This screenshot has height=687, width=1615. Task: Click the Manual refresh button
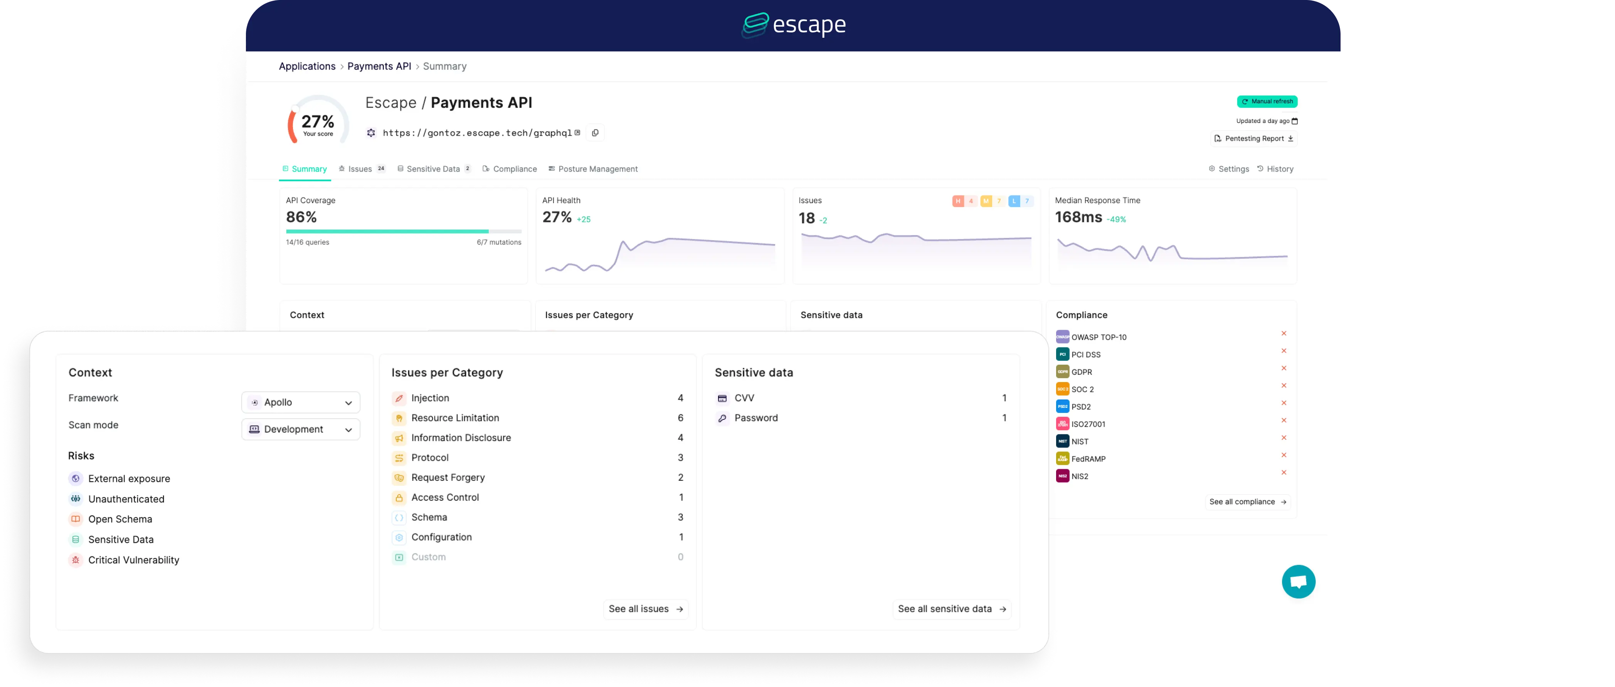coord(1267,101)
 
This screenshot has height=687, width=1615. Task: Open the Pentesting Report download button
coord(1253,138)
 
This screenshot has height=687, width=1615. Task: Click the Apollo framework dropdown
coord(301,402)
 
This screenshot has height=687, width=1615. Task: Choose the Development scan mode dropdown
coord(301,429)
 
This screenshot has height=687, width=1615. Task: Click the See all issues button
coord(646,609)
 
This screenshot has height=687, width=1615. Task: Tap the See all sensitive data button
coord(951,609)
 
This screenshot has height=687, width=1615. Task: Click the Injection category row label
coord(430,398)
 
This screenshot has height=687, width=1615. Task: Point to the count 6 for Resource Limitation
coord(680,418)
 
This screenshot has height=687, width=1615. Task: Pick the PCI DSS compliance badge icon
coord(1062,354)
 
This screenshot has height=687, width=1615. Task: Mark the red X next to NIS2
coord(1284,473)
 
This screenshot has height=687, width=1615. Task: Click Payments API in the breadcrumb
coord(379,66)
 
